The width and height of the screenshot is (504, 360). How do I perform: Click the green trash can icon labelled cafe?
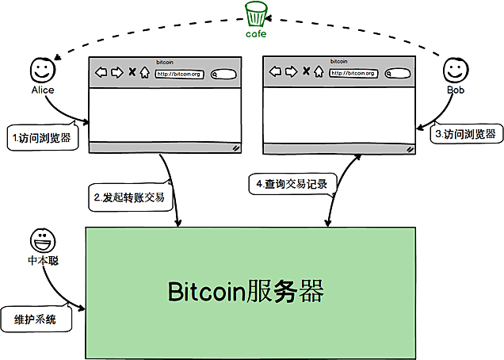[256, 15]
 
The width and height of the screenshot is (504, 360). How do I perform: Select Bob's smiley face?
[453, 71]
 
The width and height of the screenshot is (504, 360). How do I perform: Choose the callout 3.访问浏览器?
[467, 134]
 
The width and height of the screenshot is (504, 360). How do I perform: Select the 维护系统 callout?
[38, 319]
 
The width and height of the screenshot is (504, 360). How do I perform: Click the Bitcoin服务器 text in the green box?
[246, 291]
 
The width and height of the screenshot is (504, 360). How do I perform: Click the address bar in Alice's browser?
[179, 74]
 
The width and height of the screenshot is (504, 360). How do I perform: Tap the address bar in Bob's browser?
[353, 73]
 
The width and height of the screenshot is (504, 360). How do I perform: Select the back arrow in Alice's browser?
[101, 73]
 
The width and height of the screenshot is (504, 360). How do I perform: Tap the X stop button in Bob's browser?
[305, 72]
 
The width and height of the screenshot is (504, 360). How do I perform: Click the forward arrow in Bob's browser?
[291, 72]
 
